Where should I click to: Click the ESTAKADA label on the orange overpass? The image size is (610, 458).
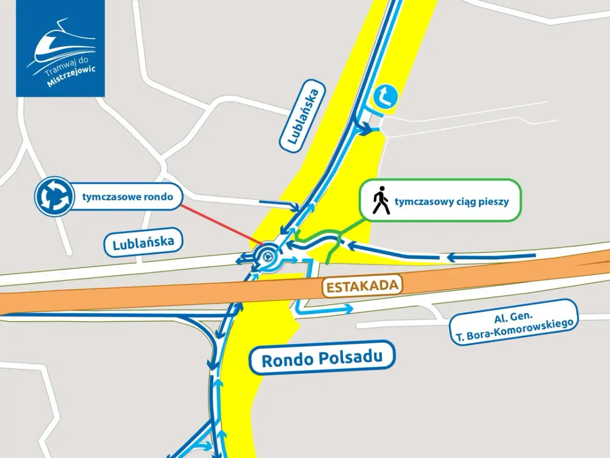(362, 286)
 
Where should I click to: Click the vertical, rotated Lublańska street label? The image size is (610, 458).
(302, 115)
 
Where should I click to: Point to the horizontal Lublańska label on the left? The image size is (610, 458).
(143, 242)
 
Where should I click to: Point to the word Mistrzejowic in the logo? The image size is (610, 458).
(71, 77)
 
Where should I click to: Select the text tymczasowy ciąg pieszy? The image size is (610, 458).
(451, 201)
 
